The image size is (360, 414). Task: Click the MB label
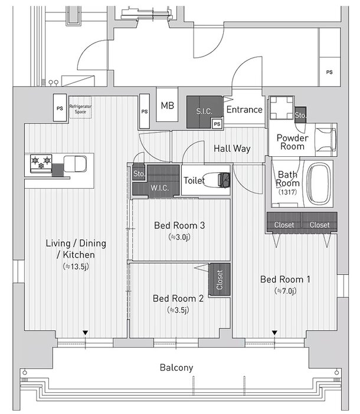point(168,106)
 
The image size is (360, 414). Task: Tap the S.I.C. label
point(204,111)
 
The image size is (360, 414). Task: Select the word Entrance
point(244,110)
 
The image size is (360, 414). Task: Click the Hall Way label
point(232,149)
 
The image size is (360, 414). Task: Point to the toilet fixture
point(216,180)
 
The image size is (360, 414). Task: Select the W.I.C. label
point(159,188)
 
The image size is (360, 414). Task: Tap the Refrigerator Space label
point(80,109)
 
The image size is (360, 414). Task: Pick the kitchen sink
point(76,164)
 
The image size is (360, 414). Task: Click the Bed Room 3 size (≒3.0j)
point(179,237)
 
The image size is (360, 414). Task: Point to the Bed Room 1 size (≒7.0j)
point(286,291)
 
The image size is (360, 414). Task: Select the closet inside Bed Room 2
point(219,280)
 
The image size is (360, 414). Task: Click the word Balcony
point(176,367)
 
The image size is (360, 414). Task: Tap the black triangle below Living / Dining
point(85,333)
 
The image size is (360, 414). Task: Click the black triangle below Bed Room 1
point(274,333)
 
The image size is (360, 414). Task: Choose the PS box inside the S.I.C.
point(217,124)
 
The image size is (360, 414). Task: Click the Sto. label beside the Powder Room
point(300,115)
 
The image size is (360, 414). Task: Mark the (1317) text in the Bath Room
point(287,192)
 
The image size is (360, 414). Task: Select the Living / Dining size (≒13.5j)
point(76,267)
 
